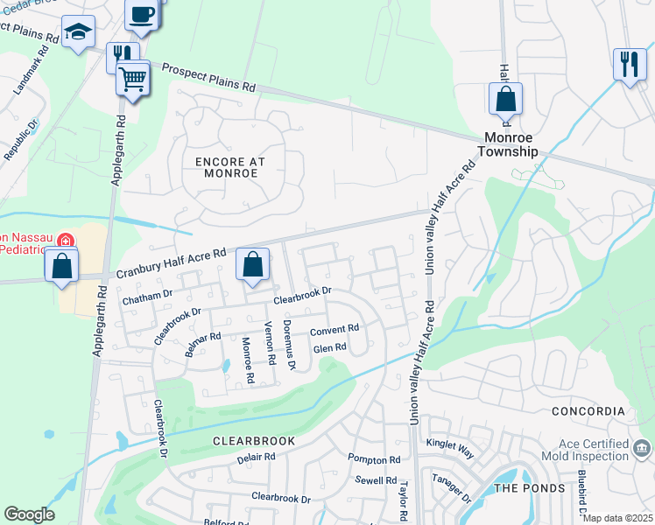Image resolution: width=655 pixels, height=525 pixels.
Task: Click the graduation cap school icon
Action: [x=79, y=32]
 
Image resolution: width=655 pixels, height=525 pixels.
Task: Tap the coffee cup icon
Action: [x=142, y=13]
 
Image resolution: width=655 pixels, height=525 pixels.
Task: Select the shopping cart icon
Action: [x=132, y=79]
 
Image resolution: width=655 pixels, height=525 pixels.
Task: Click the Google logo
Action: [x=29, y=514]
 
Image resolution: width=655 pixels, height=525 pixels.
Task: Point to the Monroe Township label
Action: [x=512, y=144]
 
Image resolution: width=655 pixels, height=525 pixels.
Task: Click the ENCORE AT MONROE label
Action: [x=227, y=167]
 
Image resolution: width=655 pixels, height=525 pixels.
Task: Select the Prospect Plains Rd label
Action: [x=208, y=80]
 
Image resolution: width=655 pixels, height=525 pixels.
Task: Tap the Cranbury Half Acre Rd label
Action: [x=171, y=258]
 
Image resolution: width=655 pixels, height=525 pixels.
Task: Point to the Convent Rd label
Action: [x=335, y=330]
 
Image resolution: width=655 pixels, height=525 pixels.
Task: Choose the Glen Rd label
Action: [x=330, y=347]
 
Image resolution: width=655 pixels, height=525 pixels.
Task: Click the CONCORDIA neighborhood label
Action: [x=588, y=411]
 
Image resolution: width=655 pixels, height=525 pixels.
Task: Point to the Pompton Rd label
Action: [x=374, y=459]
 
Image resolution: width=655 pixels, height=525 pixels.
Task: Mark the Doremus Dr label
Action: [x=290, y=345]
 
